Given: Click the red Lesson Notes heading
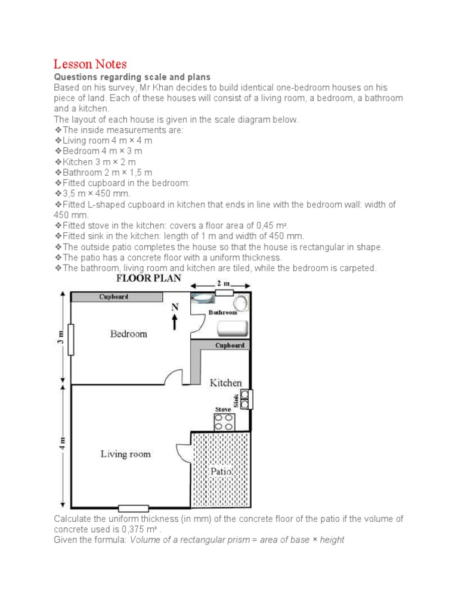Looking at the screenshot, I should tap(90, 64).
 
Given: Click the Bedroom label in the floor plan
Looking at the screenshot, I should tap(128, 334).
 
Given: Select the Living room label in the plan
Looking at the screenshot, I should tap(125, 455).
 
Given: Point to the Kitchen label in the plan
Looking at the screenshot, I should tap(225, 383).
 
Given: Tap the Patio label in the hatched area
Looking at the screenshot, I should tap(221, 472).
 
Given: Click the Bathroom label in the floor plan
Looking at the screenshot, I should tap(222, 312).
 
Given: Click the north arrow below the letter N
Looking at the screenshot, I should tap(174, 322).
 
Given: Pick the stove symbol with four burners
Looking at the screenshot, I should tap(224, 422).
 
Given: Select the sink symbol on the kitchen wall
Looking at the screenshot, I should tap(245, 399).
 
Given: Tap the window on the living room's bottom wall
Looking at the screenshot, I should tap(134, 508).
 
